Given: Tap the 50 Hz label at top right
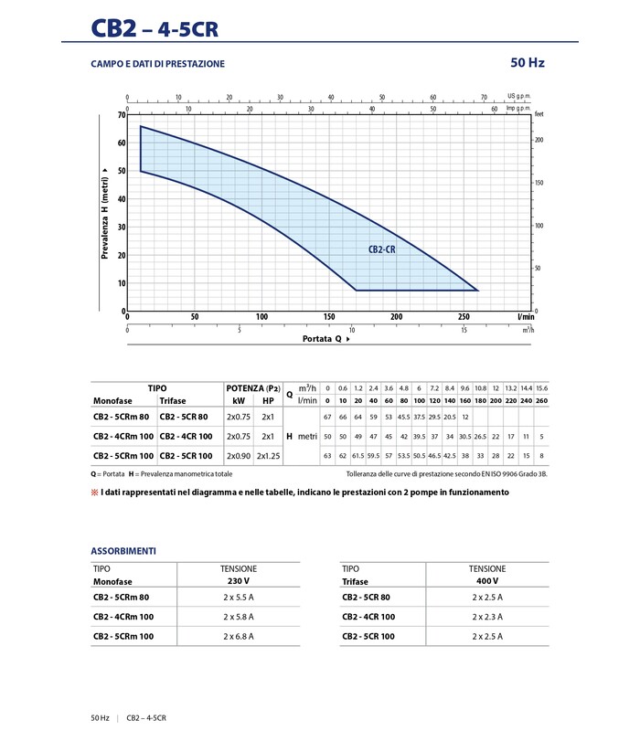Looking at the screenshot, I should (x=528, y=63).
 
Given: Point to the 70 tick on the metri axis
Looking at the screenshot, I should (x=120, y=115).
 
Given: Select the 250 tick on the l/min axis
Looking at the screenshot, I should (x=464, y=317).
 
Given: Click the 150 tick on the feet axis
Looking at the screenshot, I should (x=539, y=183).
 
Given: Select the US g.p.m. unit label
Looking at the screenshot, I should (x=518, y=96).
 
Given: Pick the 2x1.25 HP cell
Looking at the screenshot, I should (x=268, y=455).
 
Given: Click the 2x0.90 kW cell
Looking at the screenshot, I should (x=238, y=455).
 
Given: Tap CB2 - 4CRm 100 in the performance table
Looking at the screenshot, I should (x=123, y=437).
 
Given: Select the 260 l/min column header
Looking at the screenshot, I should (x=541, y=400).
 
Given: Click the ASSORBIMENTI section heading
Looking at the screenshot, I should (x=123, y=551).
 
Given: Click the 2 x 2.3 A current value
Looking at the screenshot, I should (x=487, y=617).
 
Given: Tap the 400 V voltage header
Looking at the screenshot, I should (x=487, y=581).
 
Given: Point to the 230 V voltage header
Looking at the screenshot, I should (x=239, y=581).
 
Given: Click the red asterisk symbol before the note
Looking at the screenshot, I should (x=94, y=493).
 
